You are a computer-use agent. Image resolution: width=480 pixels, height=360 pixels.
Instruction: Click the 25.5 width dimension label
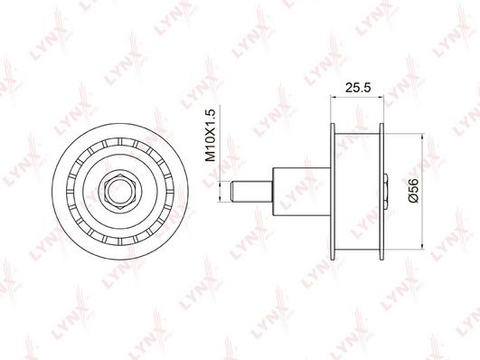tap(358, 88)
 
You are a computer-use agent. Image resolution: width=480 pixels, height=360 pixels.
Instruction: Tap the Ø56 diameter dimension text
tap(413, 191)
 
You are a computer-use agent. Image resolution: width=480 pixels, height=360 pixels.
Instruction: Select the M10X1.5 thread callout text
tap(211, 135)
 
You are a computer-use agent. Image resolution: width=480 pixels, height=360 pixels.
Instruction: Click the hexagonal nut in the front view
tap(119, 192)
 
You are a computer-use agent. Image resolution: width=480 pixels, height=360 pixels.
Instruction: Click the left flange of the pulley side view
tap(333, 192)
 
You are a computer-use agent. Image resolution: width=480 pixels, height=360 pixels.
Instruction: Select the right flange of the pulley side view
tap(381, 192)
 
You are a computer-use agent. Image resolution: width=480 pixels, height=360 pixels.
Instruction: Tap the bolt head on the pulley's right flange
tap(386, 192)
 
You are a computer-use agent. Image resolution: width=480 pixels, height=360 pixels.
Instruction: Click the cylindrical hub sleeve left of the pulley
tap(302, 192)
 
